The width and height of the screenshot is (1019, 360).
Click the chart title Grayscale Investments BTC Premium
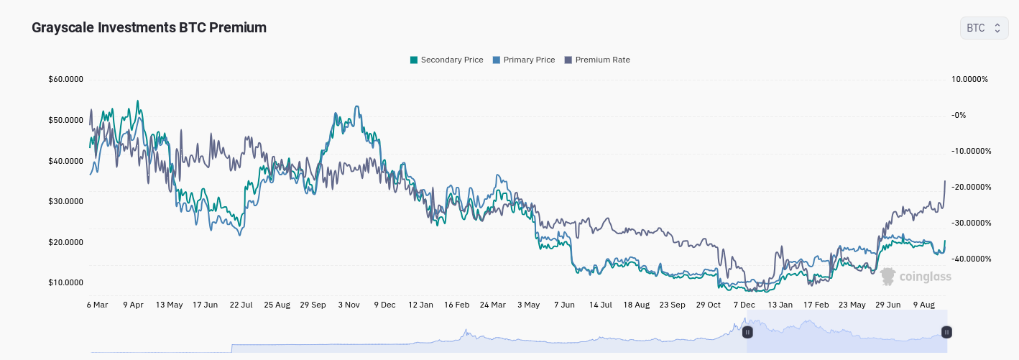[149, 27]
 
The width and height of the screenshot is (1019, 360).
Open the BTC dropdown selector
[984, 28]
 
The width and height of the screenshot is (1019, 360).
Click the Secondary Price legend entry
[446, 60]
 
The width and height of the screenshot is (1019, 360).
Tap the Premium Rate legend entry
[597, 60]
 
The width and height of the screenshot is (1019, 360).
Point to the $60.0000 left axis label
[66, 79]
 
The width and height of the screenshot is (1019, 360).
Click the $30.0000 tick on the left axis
[66, 201]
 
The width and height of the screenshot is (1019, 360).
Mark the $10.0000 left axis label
[66, 282]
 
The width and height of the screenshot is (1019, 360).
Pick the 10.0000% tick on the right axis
[969, 79]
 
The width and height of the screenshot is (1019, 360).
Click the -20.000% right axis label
[970, 187]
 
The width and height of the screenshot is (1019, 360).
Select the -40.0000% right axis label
[970, 259]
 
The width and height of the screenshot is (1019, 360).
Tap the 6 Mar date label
[97, 305]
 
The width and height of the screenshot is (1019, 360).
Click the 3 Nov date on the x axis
[349, 305]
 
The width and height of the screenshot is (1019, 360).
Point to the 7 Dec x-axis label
[744, 305]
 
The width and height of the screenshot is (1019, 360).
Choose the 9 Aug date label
[923, 305]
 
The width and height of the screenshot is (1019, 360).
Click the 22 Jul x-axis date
[241, 305]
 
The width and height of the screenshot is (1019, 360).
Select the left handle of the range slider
[747, 332]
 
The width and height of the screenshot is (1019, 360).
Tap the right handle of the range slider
[947, 332]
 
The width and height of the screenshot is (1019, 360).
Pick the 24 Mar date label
[492, 305]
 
